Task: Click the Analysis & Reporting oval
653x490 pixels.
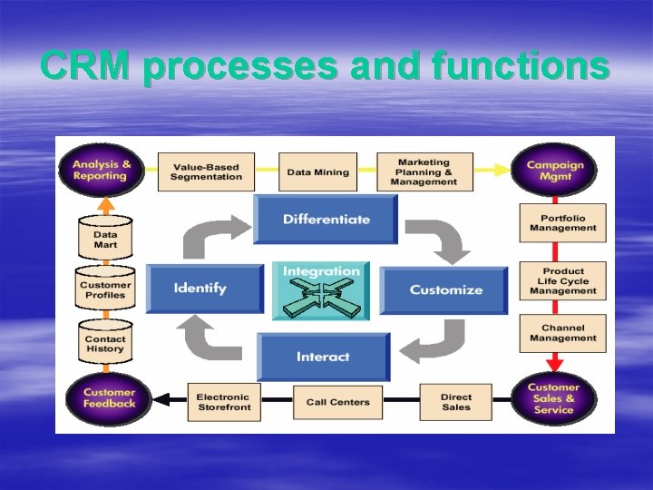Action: pos(101,170)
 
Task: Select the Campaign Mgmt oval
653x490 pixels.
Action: pos(554,170)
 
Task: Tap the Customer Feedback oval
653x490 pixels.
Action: pos(109,398)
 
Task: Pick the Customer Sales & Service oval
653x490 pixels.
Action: pos(553,398)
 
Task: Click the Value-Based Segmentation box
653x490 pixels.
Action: pos(207,171)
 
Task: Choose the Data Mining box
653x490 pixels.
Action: pos(317,171)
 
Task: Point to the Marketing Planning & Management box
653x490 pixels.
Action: pos(424,171)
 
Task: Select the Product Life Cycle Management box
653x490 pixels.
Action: pos(563,281)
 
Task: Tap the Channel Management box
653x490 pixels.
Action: pos(563,333)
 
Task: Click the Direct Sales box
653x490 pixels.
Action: pos(456,402)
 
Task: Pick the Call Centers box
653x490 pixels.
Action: pos(337,402)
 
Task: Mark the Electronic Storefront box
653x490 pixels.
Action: pos(223,402)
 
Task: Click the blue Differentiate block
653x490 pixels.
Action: pos(326,220)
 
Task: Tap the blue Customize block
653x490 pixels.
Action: pos(444,290)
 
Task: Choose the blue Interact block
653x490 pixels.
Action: pos(323,357)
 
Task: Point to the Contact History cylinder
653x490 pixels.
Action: pos(105,343)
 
